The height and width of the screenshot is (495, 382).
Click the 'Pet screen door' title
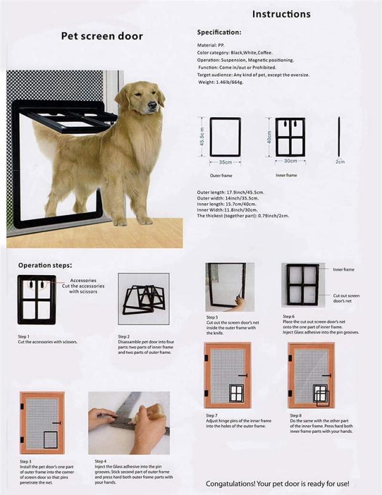[x=102, y=36]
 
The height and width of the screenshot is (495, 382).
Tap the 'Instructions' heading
[x=281, y=14]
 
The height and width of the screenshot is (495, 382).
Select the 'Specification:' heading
[x=219, y=32]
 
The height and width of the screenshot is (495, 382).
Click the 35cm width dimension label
[x=224, y=161]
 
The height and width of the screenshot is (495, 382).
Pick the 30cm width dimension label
[x=290, y=161]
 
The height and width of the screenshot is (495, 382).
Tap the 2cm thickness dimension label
[x=340, y=161]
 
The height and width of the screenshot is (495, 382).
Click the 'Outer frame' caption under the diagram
[x=221, y=175]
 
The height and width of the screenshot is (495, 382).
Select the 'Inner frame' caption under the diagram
[x=286, y=175]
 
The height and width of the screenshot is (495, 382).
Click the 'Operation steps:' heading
[x=45, y=265]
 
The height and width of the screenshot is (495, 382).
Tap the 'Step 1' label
[x=24, y=337]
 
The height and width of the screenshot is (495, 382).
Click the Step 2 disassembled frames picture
[x=143, y=298]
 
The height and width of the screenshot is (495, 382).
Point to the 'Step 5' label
[x=212, y=317]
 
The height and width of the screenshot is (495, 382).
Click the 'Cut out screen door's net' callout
[x=346, y=298]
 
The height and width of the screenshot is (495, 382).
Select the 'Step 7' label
[x=212, y=415]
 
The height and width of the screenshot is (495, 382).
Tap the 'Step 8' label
[x=296, y=415]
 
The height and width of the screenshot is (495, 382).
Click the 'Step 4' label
[x=101, y=462]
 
